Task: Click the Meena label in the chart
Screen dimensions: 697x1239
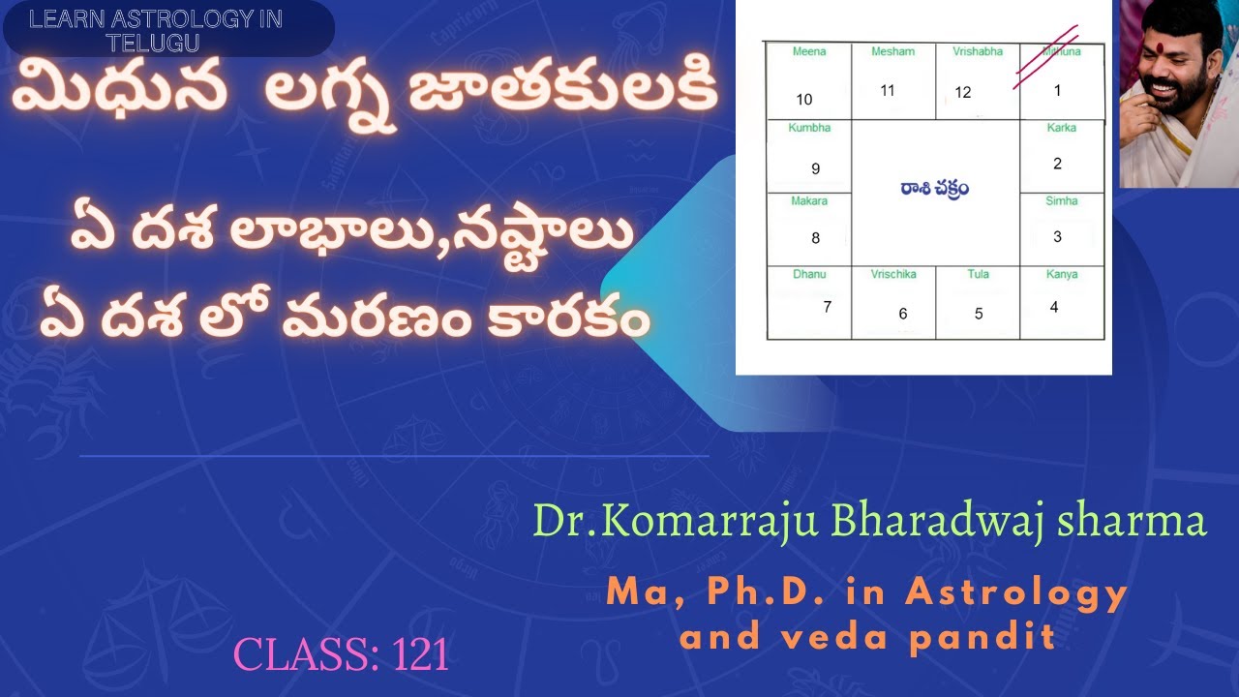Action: point(809,51)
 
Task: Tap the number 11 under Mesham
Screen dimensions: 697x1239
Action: point(888,90)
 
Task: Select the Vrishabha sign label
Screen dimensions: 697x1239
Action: point(978,51)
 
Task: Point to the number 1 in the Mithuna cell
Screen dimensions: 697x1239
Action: point(1058,90)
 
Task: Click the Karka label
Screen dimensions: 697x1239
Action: point(1061,128)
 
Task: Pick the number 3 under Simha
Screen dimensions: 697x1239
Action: point(1058,236)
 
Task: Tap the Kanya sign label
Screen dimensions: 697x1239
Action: point(1062,275)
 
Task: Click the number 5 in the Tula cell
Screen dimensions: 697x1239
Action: point(979,314)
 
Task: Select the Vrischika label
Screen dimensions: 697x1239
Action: point(894,275)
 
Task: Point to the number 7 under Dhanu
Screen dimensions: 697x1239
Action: point(827,307)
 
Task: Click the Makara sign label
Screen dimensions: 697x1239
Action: point(810,200)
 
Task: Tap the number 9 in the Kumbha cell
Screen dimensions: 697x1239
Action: point(815,168)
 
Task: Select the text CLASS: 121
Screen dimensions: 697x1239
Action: point(342,655)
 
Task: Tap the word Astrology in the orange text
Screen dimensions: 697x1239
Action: point(1016,592)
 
